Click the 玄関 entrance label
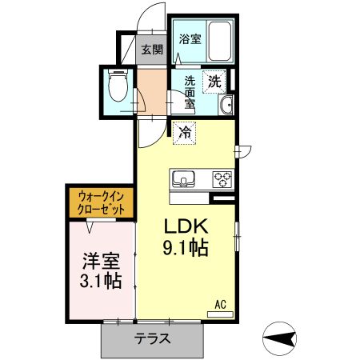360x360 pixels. click(x=152, y=50)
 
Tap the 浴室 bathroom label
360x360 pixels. click(x=189, y=38)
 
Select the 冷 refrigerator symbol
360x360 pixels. click(x=184, y=134)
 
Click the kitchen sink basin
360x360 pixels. click(x=183, y=178)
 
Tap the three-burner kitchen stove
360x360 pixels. click(x=222, y=178)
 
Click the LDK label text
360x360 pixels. click(x=186, y=226)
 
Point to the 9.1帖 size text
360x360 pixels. click(x=186, y=248)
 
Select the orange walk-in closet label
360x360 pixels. click(x=102, y=202)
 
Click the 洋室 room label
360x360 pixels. click(x=101, y=262)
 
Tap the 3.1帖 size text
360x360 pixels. click(x=101, y=282)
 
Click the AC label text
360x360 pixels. click(x=220, y=304)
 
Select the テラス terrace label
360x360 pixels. click(x=152, y=338)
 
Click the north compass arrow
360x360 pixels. click(x=284, y=339)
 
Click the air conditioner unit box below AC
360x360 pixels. click(x=221, y=314)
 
